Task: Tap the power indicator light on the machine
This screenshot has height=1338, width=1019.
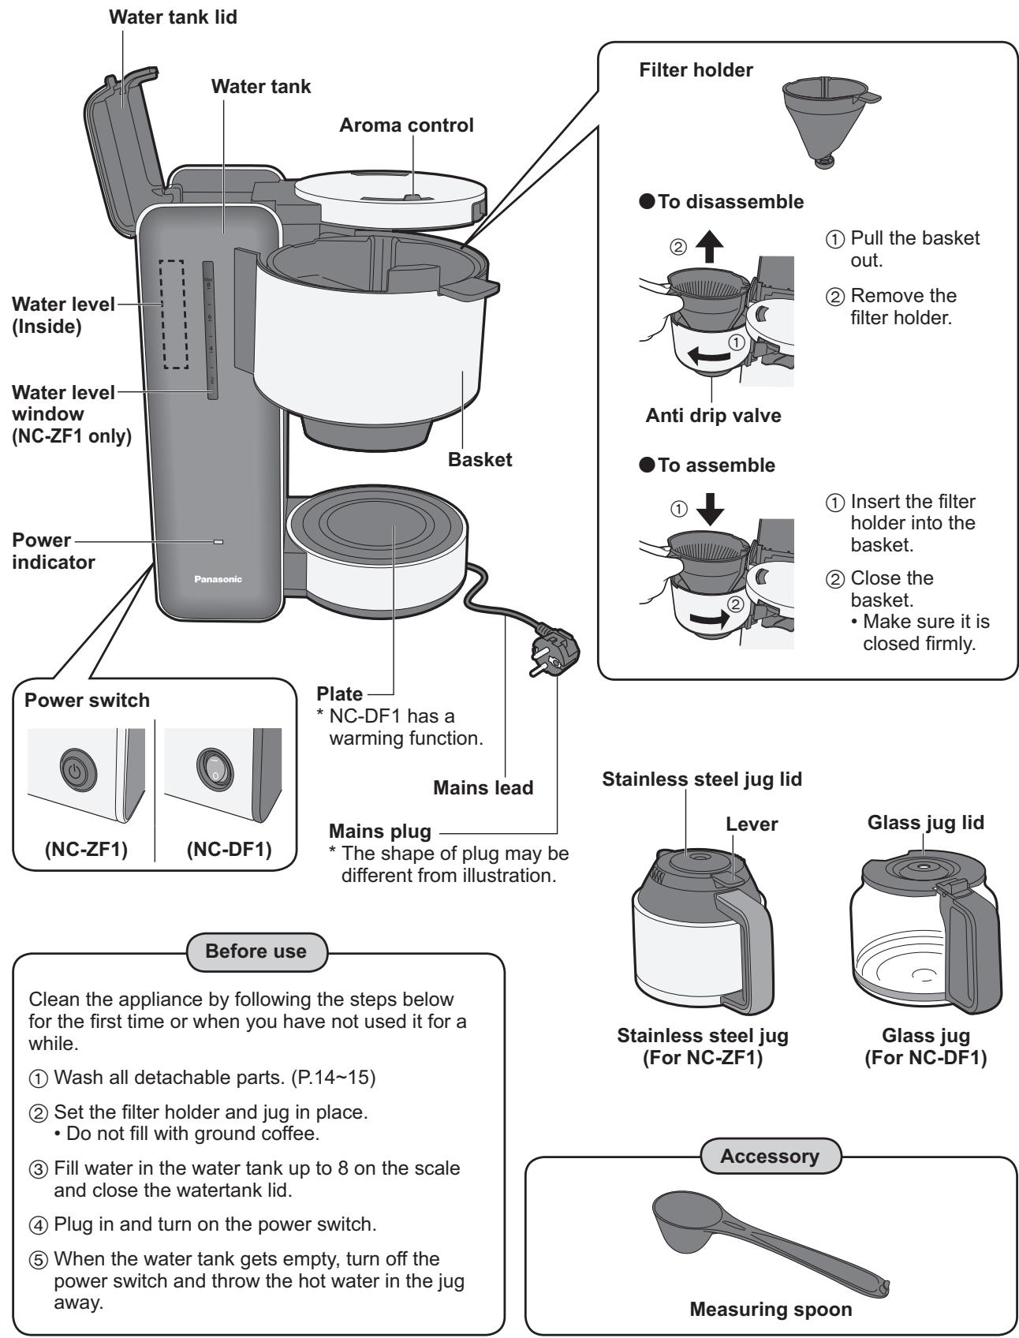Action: [218, 543]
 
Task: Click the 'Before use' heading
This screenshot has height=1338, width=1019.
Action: [256, 951]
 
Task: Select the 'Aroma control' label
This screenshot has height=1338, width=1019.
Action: [406, 125]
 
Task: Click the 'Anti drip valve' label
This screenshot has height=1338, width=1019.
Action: [712, 416]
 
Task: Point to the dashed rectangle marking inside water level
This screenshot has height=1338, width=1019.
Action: [174, 314]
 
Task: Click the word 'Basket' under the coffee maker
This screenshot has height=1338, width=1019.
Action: [480, 460]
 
